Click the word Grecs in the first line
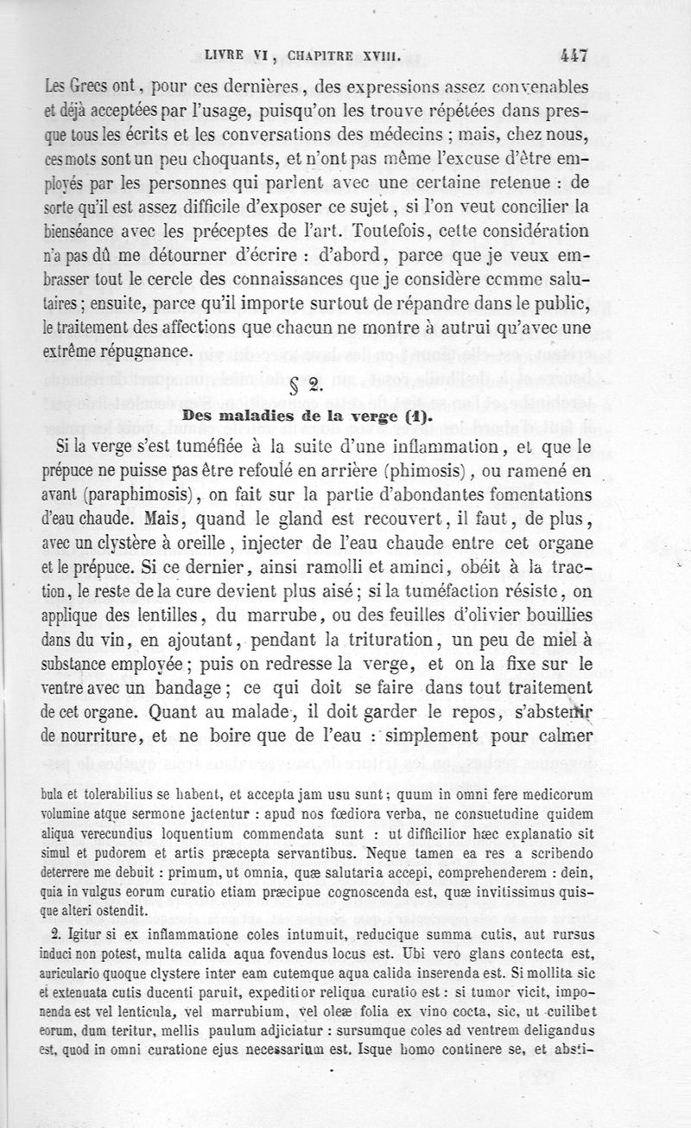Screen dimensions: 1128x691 pyautogui.click(x=96, y=87)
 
